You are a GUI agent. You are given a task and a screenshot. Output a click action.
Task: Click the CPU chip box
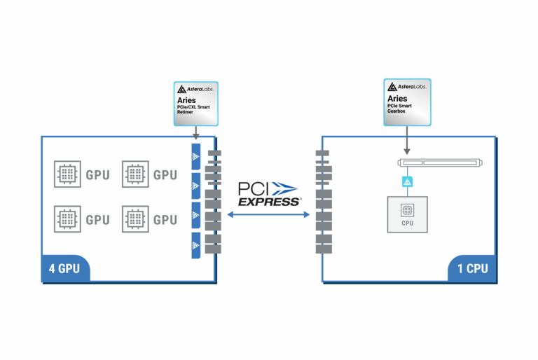[406, 214]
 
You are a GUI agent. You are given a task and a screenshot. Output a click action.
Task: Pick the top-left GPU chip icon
[67, 174]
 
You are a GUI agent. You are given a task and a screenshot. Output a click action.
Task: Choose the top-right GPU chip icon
[134, 174]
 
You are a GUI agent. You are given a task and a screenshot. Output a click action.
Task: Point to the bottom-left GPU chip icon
[67, 219]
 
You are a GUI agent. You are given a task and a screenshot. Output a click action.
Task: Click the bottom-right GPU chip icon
[134, 219]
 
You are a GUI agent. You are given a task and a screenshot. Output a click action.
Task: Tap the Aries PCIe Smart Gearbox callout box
[406, 102]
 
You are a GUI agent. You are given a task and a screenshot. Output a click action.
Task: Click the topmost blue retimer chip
[196, 156]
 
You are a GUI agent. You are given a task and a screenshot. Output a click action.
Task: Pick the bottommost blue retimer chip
[196, 244]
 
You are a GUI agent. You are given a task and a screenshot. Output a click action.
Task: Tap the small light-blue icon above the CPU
[406, 182]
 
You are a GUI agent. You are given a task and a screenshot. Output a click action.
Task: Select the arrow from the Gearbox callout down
[406, 140]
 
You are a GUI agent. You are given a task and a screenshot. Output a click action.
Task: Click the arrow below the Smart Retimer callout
[196, 133]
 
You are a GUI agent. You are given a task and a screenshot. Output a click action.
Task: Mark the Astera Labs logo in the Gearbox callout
[406, 87]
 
